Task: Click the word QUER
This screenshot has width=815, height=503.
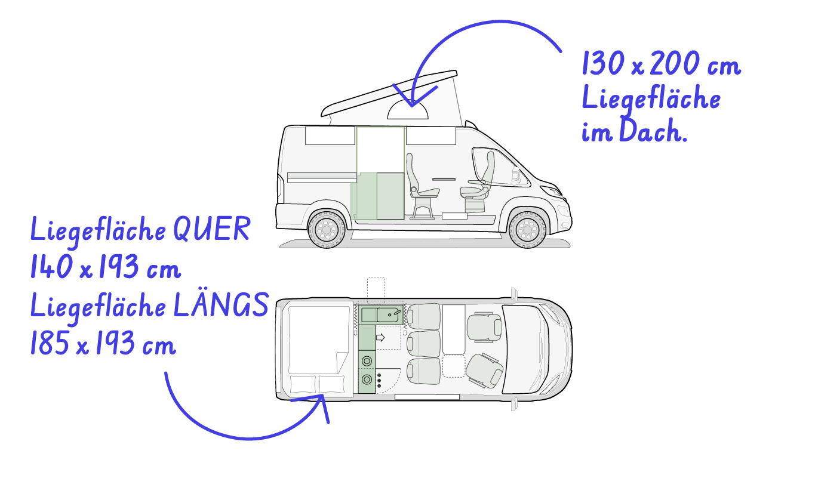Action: (212, 229)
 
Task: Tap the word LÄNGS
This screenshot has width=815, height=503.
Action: (221, 305)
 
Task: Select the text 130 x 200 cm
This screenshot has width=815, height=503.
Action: (662, 63)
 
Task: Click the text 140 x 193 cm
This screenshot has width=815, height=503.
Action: (106, 267)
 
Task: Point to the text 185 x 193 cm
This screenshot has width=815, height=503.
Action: (103, 342)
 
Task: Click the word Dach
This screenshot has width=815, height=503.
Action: (653, 131)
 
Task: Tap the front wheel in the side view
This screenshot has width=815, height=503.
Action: (527, 230)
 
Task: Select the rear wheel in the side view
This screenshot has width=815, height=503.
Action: (327, 230)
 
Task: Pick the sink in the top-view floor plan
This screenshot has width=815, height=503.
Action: (389, 315)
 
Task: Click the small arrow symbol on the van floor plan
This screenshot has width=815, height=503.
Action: (380, 338)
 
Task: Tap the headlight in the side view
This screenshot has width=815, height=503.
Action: (551, 192)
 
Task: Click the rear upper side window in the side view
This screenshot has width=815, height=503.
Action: (330, 135)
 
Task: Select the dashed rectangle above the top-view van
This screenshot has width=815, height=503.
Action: (376, 290)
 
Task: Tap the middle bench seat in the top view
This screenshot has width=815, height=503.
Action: (423, 343)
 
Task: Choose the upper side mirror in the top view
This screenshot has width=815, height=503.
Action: (514, 294)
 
